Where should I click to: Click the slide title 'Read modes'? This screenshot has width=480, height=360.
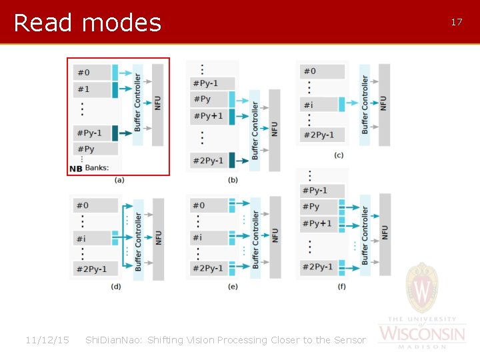pyautogui.click(x=87, y=23)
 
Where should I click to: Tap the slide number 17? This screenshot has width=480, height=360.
pyautogui.click(x=457, y=22)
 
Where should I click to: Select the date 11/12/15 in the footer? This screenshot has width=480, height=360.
pyautogui.click(x=47, y=340)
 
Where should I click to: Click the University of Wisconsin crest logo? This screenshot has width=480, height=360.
pyautogui.click(x=422, y=289)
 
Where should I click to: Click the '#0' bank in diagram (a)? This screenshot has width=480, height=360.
pyautogui.click(x=91, y=72)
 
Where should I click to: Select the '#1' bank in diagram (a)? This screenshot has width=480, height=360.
pyautogui.click(x=91, y=89)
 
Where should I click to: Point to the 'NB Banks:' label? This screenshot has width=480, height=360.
pyautogui.click(x=89, y=168)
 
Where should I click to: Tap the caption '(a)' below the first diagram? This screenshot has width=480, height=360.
pyautogui.click(x=119, y=180)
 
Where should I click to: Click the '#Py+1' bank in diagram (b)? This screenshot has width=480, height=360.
pyautogui.click(x=209, y=116)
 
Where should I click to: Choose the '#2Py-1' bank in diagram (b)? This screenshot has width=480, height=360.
pyautogui.click(x=209, y=160)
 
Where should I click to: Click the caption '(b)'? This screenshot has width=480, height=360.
pyautogui.click(x=233, y=180)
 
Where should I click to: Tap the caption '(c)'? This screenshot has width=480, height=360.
pyautogui.click(x=339, y=155)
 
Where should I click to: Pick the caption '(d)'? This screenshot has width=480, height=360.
pyautogui.click(x=116, y=287)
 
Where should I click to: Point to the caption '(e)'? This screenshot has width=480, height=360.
pyautogui.click(x=233, y=287)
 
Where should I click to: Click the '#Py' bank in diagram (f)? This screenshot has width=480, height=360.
pyautogui.click(x=319, y=207)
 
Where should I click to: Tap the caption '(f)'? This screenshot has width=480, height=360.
pyautogui.click(x=341, y=287)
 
